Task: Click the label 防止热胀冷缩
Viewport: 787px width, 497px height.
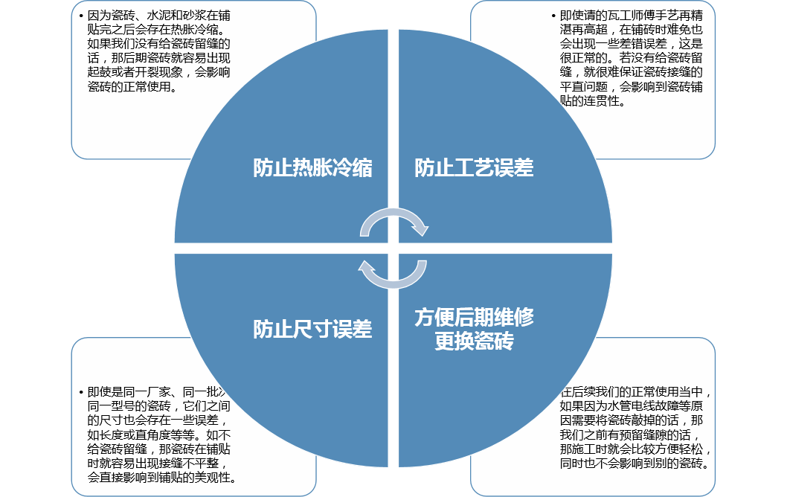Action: tap(312, 168)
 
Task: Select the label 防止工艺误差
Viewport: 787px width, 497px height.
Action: tap(474, 168)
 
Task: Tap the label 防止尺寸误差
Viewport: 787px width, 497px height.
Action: tap(312, 330)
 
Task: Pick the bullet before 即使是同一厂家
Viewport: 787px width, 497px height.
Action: tap(81, 392)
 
